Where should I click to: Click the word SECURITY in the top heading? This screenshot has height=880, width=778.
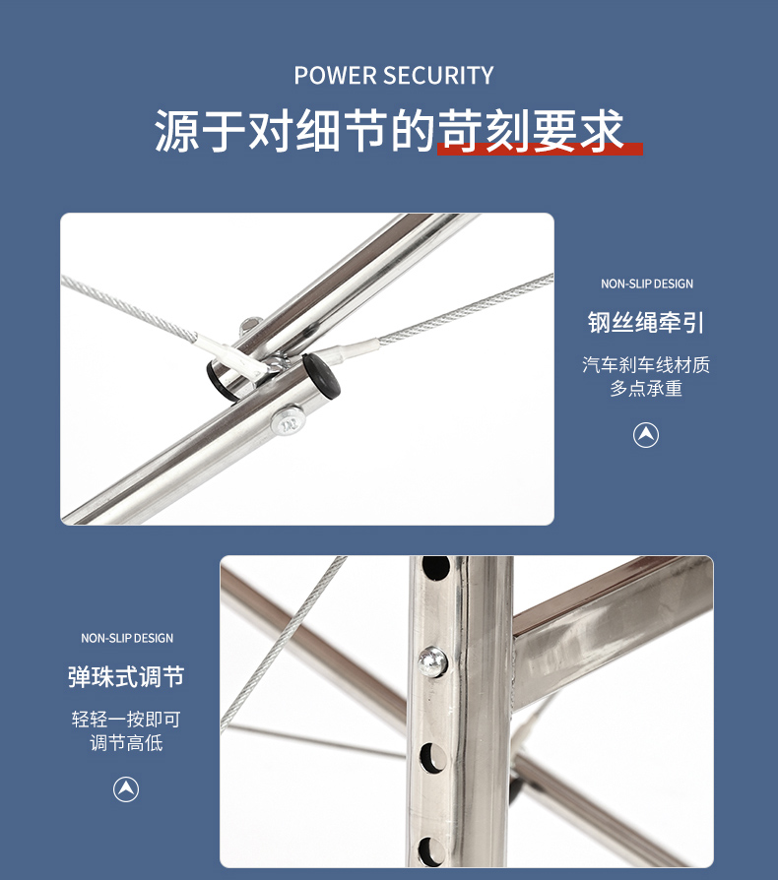point(439,75)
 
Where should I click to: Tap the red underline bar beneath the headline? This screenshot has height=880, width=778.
point(540,149)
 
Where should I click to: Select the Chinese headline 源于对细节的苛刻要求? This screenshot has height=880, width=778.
point(389,130)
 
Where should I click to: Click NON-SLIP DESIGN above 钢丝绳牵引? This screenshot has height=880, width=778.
point(647,283)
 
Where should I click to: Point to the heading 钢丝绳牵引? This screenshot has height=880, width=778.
point(646,322)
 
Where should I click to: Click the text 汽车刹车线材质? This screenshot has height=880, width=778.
point(646,365)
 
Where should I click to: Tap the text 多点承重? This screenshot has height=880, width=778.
point(646,389)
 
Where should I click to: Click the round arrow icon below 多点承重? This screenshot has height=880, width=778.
point(646,435)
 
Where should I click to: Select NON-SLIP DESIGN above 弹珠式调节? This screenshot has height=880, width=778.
point(127,638)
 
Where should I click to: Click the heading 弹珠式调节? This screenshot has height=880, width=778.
point(126,677)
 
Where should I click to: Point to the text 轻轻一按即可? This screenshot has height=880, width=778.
point(126,719)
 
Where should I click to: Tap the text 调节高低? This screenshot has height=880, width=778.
point(126,743)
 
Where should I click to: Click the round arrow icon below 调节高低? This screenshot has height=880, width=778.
point(126,789)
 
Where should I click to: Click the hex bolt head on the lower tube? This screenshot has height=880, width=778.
point(289,422)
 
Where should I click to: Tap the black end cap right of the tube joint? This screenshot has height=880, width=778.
point(322,376)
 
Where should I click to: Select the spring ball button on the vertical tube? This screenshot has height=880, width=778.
point(432,661)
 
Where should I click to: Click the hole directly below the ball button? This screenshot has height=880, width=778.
point(432,757)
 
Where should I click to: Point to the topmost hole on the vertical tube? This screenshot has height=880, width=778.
point(435,567)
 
